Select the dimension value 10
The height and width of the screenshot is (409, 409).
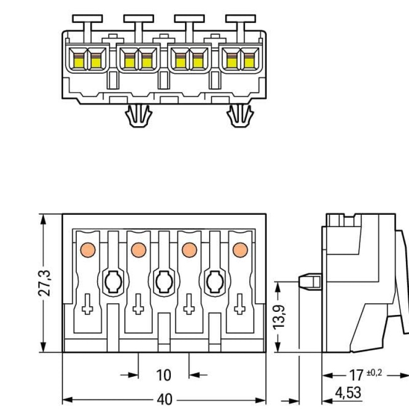[x=163, y=376]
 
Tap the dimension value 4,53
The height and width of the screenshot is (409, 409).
[x=348, y=393]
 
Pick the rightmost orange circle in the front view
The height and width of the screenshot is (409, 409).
[x=239, y=249]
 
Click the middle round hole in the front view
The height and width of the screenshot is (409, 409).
[x=163, y=280]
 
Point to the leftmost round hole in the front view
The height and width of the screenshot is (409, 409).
[x=112, y=280]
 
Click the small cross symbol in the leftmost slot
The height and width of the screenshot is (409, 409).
[x=87, y=308]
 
